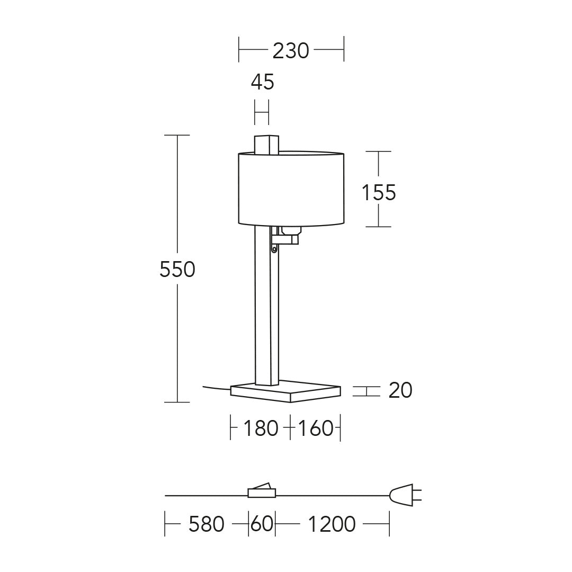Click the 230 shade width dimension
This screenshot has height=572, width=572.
pos(291,51)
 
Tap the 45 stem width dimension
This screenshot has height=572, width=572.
pos(262,82)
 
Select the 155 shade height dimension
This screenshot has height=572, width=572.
pos(379,192)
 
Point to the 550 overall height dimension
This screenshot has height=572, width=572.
pos(177,270)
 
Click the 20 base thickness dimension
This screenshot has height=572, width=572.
pos(400,390)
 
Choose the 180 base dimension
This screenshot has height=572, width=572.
pos(261,428)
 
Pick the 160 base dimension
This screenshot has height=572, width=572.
pos(316,428)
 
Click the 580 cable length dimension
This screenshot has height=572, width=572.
pos(206,524)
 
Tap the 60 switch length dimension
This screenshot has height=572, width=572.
pos(262,524)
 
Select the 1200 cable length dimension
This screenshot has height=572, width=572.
pos(332,524)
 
